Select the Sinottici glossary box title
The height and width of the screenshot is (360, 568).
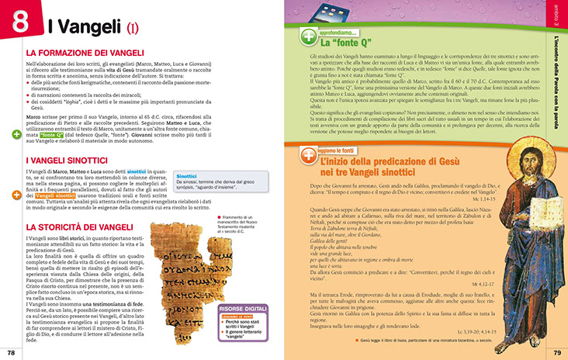click(186, 176)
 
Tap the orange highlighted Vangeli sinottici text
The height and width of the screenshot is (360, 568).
click(48, 196)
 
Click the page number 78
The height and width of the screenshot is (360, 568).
click(11, 354)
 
